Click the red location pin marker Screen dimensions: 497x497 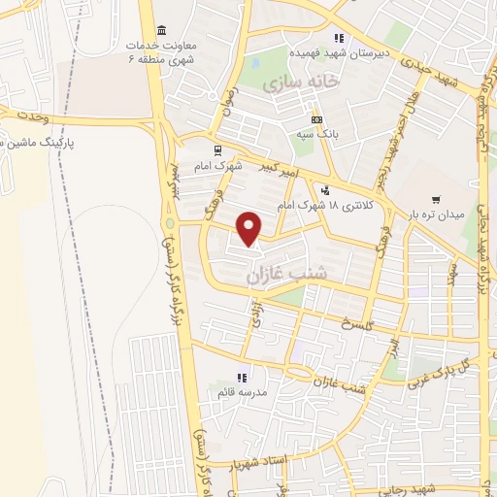tap(250, 228)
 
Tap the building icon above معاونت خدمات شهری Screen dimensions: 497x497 tap(160, 29)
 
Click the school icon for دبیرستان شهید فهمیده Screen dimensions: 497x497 tap(339, 37)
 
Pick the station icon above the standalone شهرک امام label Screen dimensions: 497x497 tap(215, 149)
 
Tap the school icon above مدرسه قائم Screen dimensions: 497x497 tap(242, 377)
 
